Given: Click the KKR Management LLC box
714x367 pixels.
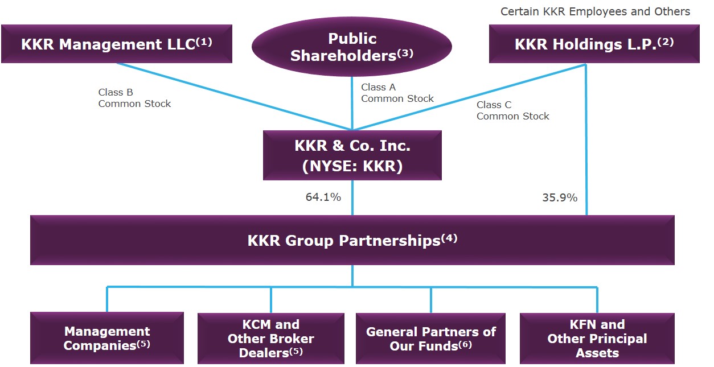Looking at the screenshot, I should tap(116, 44).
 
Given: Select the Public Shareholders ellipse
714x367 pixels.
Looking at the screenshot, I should tap(352, 47).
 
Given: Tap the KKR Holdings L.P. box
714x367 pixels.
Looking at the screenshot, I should tap(594, 44).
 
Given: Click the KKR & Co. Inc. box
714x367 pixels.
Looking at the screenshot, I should tap(352, 155).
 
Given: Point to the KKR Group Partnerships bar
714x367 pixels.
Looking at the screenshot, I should tap(352, 240).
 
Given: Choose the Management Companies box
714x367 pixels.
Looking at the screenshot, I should tap(107, 338).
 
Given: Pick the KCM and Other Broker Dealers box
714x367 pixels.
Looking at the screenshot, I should tap(270, 338).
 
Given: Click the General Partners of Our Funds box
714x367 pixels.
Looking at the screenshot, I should tap(430, 338).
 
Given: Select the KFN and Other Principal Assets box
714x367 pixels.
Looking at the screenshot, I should tap(597, 338).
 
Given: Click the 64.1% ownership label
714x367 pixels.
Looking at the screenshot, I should tap(323, 197).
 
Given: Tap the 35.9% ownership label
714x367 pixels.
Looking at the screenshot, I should tap(559, 198).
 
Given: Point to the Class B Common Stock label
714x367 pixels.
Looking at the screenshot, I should tap(134, 98).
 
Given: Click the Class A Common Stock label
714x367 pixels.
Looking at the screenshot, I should tap(397, 93).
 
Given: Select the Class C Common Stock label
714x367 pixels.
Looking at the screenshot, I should tap(512, 110).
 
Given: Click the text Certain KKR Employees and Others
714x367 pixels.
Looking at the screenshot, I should tap(595, 11).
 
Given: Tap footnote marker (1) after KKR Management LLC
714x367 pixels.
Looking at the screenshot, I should tap(204, 42).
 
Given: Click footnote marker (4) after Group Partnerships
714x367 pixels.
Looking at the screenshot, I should tap(449, 238).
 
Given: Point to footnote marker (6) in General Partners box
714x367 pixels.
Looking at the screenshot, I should tap(465, 344).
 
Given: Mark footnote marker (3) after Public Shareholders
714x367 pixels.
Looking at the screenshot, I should tap(405, 53).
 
